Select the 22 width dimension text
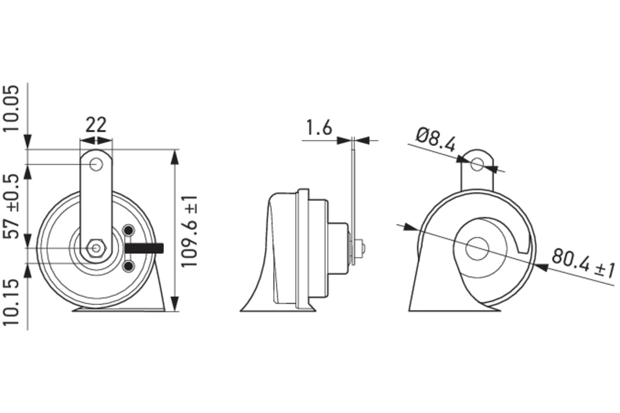point(96,125)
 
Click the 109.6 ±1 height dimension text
point(189,231)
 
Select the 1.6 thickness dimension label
point(319,128)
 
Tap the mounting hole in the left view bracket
point(96,165)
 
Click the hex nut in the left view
point(96,248)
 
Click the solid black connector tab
point(144,248)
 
